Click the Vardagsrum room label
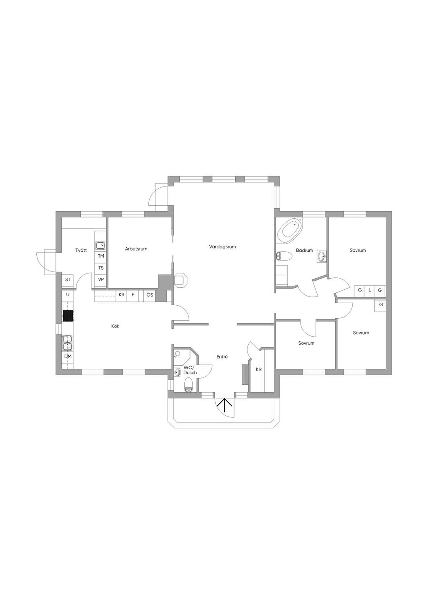coord(222,247)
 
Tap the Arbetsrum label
coord(136,248)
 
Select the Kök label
coord(115,326)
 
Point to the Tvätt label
coord(81,250)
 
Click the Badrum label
coord(304,250)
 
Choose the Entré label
coord(222,357)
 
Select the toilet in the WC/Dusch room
coord(188,385)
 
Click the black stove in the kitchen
coord(68,316)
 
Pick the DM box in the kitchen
coord(68,357)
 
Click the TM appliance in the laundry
coord(101,256)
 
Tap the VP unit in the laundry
coord(101,280)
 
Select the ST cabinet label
coord(68,279)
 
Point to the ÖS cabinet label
coord(150,294)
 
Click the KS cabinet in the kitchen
coord(121,294)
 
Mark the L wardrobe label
coord(369,290)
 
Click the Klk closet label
coord(259,369)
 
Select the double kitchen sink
coord(67,343)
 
